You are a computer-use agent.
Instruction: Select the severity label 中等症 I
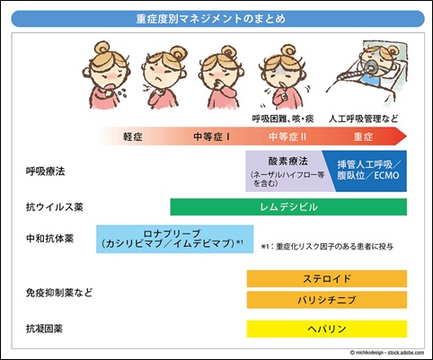tap(212, 136)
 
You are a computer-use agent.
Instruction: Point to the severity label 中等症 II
tap(288, 136)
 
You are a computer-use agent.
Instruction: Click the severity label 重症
tap(363, 136)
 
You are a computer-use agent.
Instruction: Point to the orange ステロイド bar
tap(326, 278)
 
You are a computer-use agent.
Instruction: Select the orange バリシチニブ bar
tap(326, 300)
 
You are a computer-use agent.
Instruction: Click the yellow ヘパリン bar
tap(326, 329)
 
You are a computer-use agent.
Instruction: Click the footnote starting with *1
tap(328, 245)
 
